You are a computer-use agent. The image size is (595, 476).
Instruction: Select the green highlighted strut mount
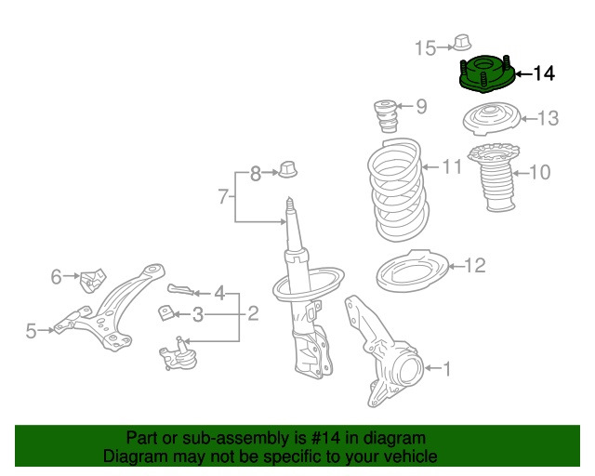(x=485, y=74)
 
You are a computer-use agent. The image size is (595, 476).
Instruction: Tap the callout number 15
(x=425, y=48)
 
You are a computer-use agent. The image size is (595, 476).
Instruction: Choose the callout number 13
(x=548, y=118)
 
